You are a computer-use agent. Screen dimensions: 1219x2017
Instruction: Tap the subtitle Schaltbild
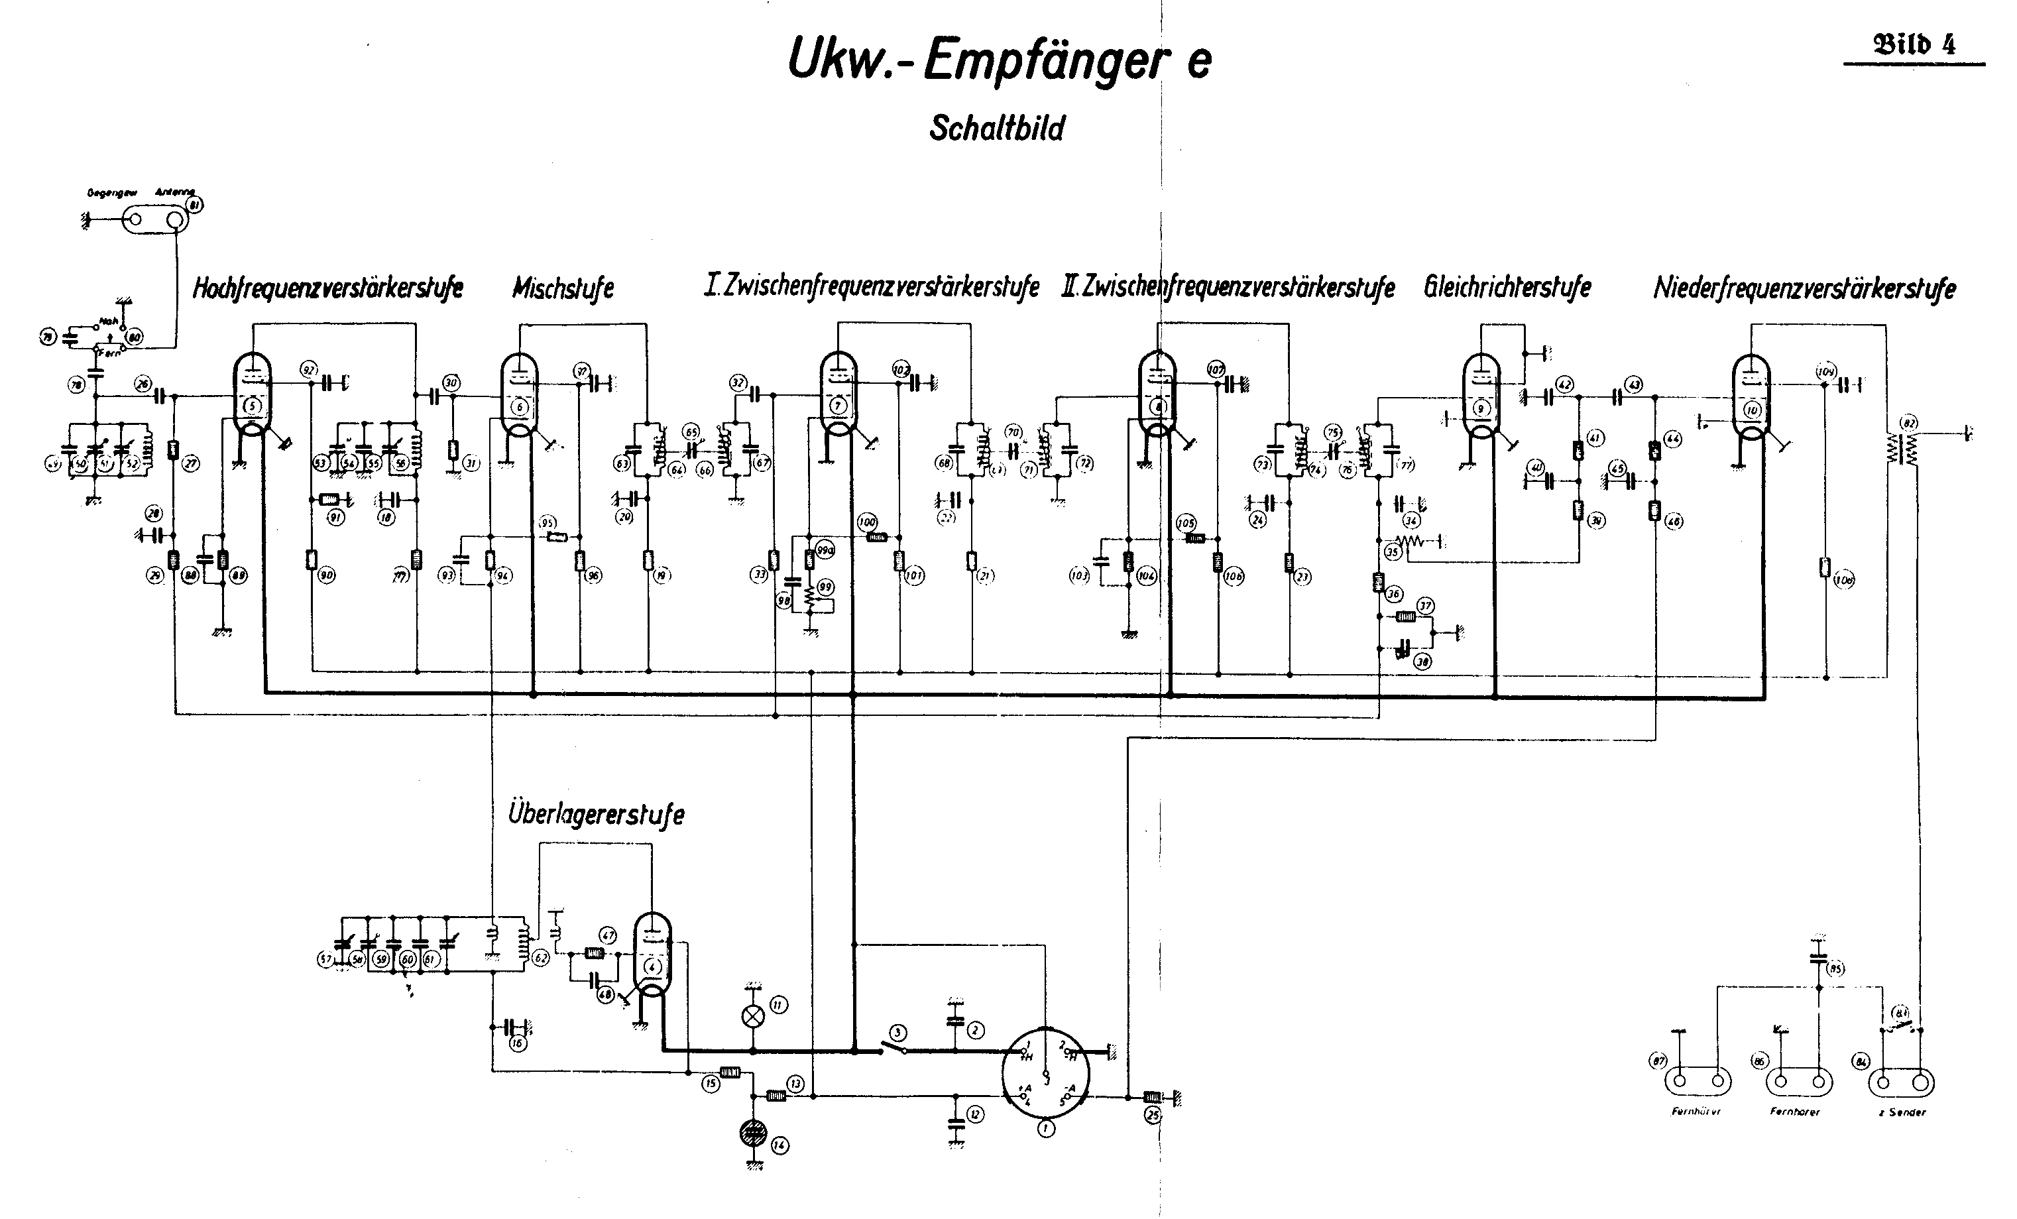[996, 129]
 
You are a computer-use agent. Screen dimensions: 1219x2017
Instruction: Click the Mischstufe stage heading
[563, 288]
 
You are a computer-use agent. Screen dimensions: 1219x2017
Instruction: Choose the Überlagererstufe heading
[596, 815]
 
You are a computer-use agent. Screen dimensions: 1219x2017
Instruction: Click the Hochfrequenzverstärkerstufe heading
[327, 288]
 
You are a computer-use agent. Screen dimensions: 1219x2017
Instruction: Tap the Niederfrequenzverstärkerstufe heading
[1804, 288]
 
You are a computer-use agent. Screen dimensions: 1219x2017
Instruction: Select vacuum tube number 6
[519, 397]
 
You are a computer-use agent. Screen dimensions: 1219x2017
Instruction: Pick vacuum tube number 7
[837, 397]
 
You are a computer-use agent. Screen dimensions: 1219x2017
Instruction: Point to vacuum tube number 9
[1480, 397]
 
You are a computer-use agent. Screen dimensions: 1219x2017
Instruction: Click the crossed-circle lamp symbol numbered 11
[752, 1017]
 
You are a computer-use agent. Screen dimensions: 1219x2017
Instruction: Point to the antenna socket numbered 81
[154, 219]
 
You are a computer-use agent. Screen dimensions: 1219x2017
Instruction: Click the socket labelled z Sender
[1901, 1083]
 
